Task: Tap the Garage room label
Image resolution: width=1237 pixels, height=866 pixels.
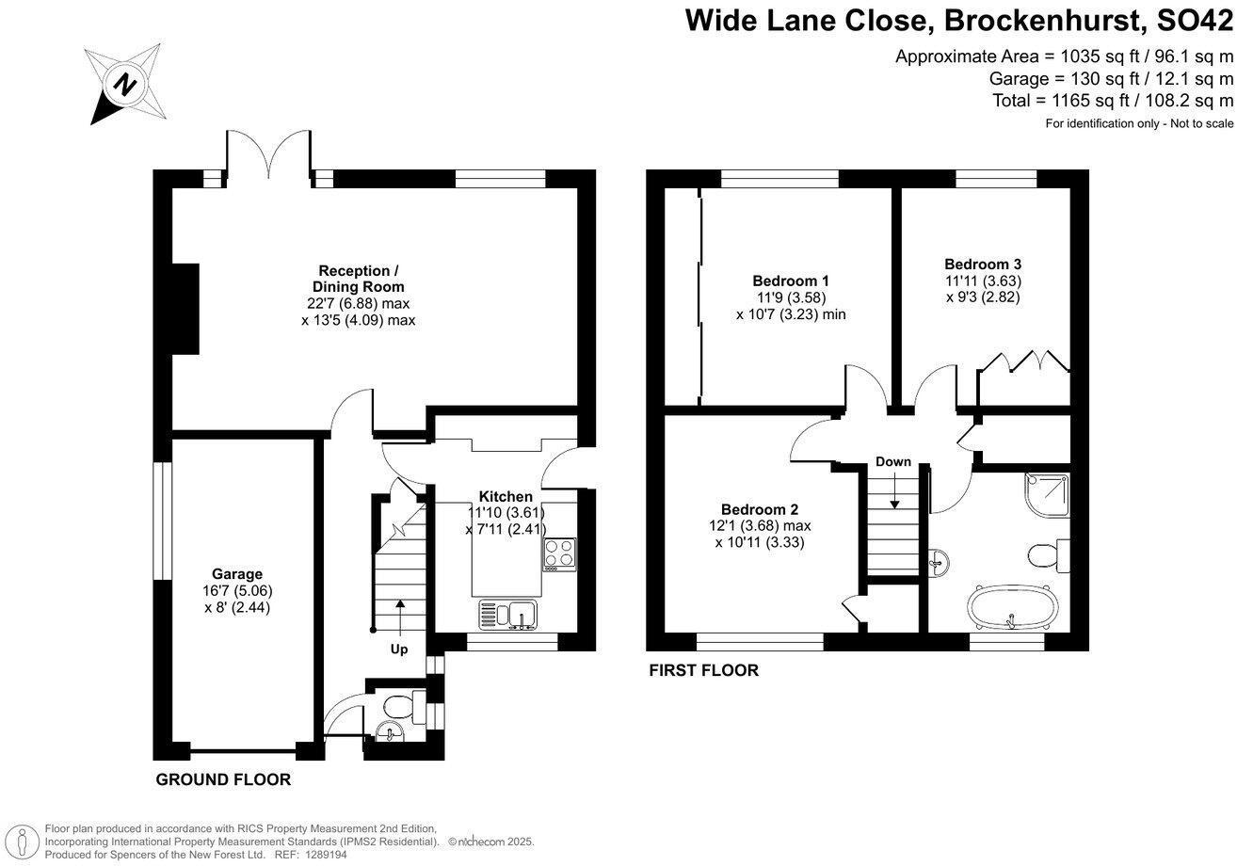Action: [x=236, y=573]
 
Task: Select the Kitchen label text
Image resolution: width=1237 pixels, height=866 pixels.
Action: [x=506, y=496]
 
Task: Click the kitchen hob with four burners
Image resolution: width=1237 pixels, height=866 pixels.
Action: [x=557, y=553]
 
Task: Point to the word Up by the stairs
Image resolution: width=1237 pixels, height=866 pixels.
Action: [x=399, y=649]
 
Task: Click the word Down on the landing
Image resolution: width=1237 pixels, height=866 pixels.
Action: [x=892, y=461]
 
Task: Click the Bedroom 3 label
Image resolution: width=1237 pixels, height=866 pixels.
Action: [x=983, y=265]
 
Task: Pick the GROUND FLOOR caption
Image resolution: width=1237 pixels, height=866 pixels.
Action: [x=223, y=779]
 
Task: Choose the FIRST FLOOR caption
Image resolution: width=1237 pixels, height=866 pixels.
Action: [x=703, y=670]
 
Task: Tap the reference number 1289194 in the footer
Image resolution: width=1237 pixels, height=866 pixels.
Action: [x=324, y=853]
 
